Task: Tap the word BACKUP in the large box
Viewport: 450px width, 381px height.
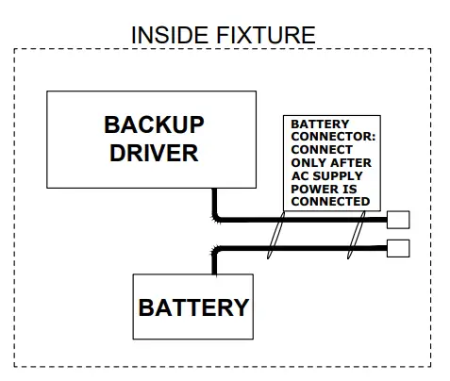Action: [x=154, y=125]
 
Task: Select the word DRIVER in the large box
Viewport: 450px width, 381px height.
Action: [x=154, y=152]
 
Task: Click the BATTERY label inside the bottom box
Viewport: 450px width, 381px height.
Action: [x=193, y=306]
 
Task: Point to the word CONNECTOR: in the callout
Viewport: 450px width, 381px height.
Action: [x=332, y=137]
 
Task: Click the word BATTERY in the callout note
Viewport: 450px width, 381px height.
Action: [x=319, y=124]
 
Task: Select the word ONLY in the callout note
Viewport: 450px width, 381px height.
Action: [x=307, y=162]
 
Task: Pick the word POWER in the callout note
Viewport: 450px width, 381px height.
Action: [x=312, y=189]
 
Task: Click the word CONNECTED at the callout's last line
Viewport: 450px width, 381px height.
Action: [x=329, y=201]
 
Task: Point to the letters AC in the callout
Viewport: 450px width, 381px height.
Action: [x=299, y=175]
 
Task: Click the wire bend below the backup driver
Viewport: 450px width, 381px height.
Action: [x=217, y=218]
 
